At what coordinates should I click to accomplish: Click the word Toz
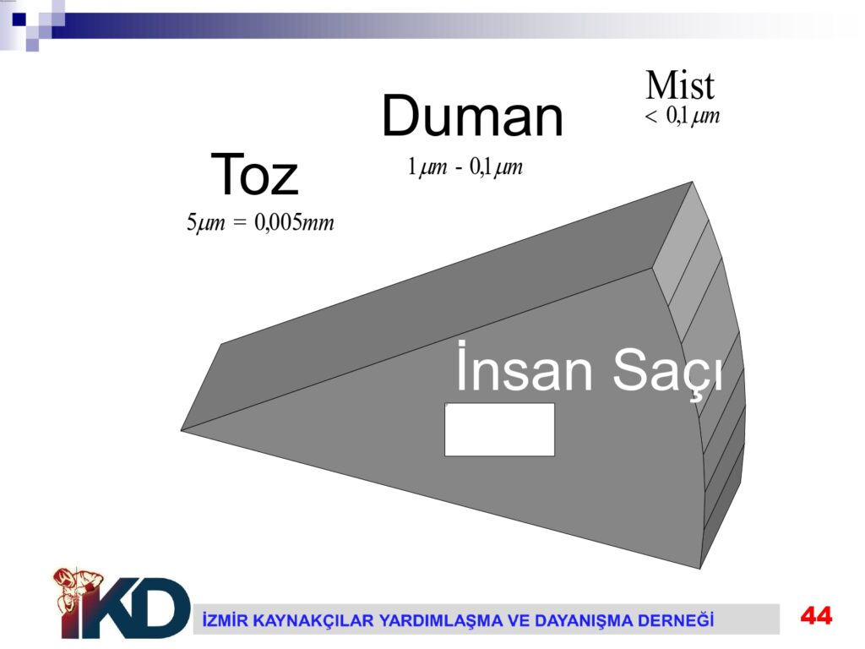pyautogui.click(x=254, y=174)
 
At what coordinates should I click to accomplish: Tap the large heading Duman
pyautogui.click(x=472, y=117)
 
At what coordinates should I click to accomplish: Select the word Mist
pyautogui.click(x=680, y=85)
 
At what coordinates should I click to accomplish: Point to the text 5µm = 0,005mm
pyautogui.click(x=260, y=222)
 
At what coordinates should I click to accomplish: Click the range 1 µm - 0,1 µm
pyautogui.click(x=465, y=166)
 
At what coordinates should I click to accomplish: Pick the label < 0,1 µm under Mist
pyautogui.click(x=682, y=116)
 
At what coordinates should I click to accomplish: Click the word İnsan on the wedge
pyautogui.click(x=524, y=367)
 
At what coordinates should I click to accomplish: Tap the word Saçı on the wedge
pyautogui.click(x=667, y=371)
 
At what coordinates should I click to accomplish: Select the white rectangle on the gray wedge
pyautogui.click(x=499, y=430)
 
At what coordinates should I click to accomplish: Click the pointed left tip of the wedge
pyautogui.click(x=182, y=430)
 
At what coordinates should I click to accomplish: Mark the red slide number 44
pyautogui.click(x=817, y=615)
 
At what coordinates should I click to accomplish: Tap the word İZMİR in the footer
pyautogui.click(x=222, y=619)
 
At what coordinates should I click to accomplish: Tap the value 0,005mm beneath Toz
pyautogui.click(x=294, y=222)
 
